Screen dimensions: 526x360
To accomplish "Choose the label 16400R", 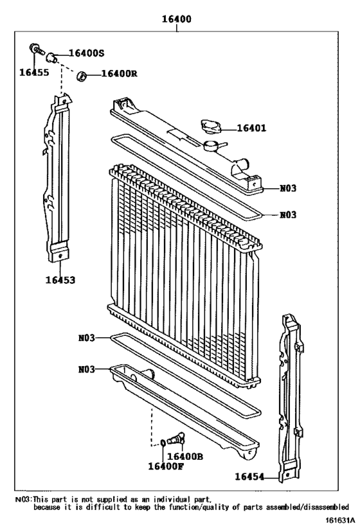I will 120,75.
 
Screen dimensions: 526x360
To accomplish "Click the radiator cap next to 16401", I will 210,125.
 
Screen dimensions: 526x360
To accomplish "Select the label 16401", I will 251,128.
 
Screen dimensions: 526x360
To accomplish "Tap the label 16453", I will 60,280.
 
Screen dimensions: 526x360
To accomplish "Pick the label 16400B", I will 185,456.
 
